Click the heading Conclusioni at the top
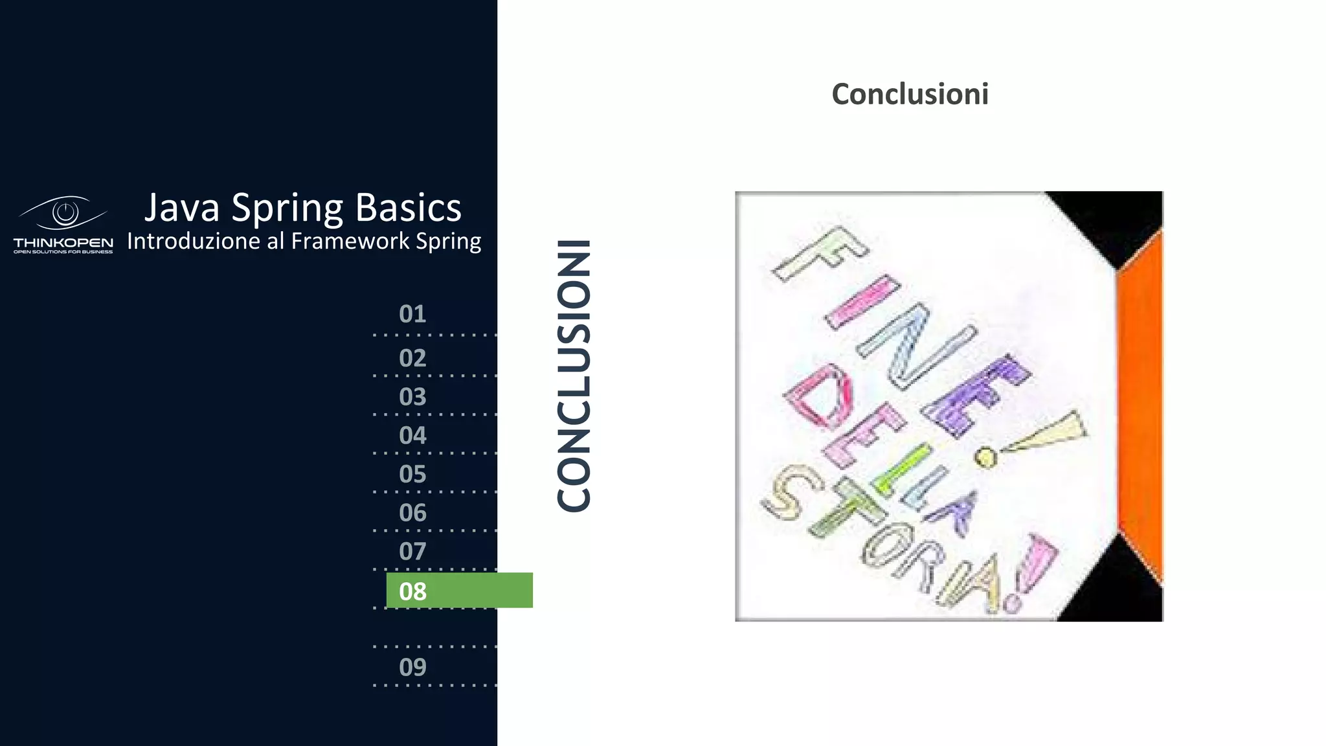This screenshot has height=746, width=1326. [x=910, y=94]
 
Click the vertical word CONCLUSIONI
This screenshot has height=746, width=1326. [x=574, y=376]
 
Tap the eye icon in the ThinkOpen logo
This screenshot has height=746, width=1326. [x=65, y=212]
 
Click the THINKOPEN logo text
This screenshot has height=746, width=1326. [x=63, y=243]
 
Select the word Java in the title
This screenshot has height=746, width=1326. [x=182, y=209]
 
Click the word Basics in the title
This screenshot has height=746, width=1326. [x=408, y=209]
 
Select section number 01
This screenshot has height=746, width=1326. [x=412, y=314]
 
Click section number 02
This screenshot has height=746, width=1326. [x=412, y=358]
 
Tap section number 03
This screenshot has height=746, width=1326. [x=412, y=397]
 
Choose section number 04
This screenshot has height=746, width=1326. [x=412, y=436]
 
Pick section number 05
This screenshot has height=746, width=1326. [x=412, y=475]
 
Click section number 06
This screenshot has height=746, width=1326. [x=412, y=513]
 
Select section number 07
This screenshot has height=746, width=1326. [x=412, y=552]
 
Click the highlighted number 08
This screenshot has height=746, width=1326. [x=412, y=591]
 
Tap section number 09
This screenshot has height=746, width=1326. [x=412, y=667]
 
